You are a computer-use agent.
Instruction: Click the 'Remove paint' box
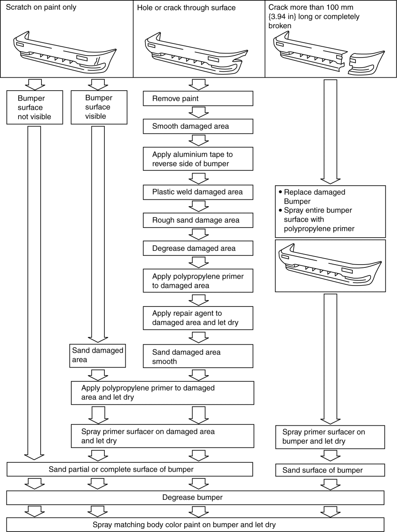point(198,99)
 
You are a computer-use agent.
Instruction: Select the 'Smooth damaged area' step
point(198,126)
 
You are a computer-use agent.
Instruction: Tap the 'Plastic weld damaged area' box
point(198,192)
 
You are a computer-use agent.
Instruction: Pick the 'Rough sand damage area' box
point(198,220)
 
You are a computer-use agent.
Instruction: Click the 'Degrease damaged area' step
point(198,248)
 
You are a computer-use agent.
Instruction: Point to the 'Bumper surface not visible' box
point(35,108)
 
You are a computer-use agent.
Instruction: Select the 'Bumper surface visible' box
point(99,107)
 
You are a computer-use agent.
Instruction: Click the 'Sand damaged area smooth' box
point(198,356)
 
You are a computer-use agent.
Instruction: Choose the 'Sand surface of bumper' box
point(330,470)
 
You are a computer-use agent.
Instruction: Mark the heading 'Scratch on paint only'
point(41,7)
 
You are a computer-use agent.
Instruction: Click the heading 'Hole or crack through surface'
point(186,8)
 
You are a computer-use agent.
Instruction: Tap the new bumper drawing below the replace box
point(330,266)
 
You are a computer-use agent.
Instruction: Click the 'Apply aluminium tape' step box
point(198,159)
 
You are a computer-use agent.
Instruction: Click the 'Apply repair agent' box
point(198,318)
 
